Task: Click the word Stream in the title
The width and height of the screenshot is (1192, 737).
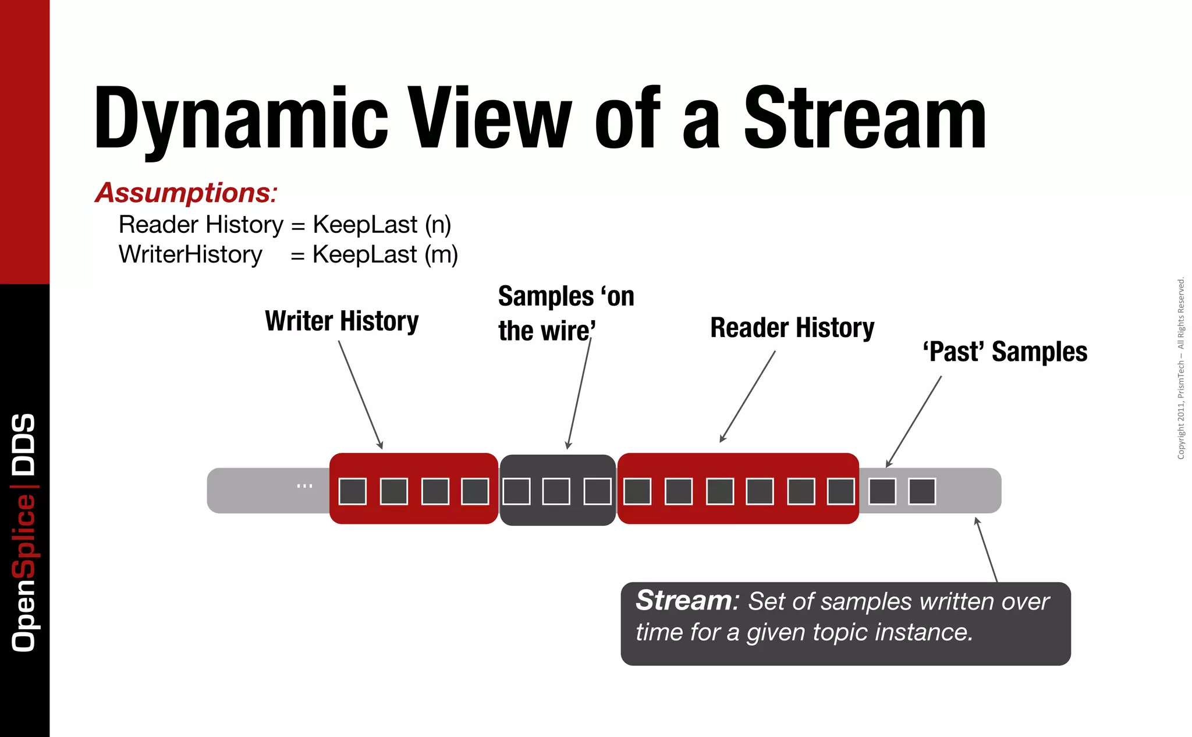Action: pos(865,118)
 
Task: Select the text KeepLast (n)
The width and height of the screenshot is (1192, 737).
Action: pos(382,225)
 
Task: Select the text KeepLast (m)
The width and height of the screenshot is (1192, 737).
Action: pos(385,254)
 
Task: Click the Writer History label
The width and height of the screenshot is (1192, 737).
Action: pos(342,321)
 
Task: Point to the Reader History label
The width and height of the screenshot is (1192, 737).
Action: pos(792,328)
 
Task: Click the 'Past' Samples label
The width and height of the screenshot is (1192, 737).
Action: pos(1005,352)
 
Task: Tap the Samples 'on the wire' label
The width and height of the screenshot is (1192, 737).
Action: pos(565,313)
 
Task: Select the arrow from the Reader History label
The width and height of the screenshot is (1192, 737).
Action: pos(748,396)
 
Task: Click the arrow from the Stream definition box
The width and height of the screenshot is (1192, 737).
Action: pos(987,550)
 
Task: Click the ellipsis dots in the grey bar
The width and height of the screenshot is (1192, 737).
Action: pos(304,486)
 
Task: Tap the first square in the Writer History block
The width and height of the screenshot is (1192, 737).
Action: pos(353,491)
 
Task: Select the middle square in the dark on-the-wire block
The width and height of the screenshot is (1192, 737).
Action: pos(556,491)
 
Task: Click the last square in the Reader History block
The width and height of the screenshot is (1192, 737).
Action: pos(841,491)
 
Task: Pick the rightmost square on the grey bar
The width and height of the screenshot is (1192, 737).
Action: pos(922,491)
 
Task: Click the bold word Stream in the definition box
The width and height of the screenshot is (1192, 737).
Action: pos(684,600)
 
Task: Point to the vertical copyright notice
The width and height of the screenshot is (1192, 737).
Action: pos(1181,368)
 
